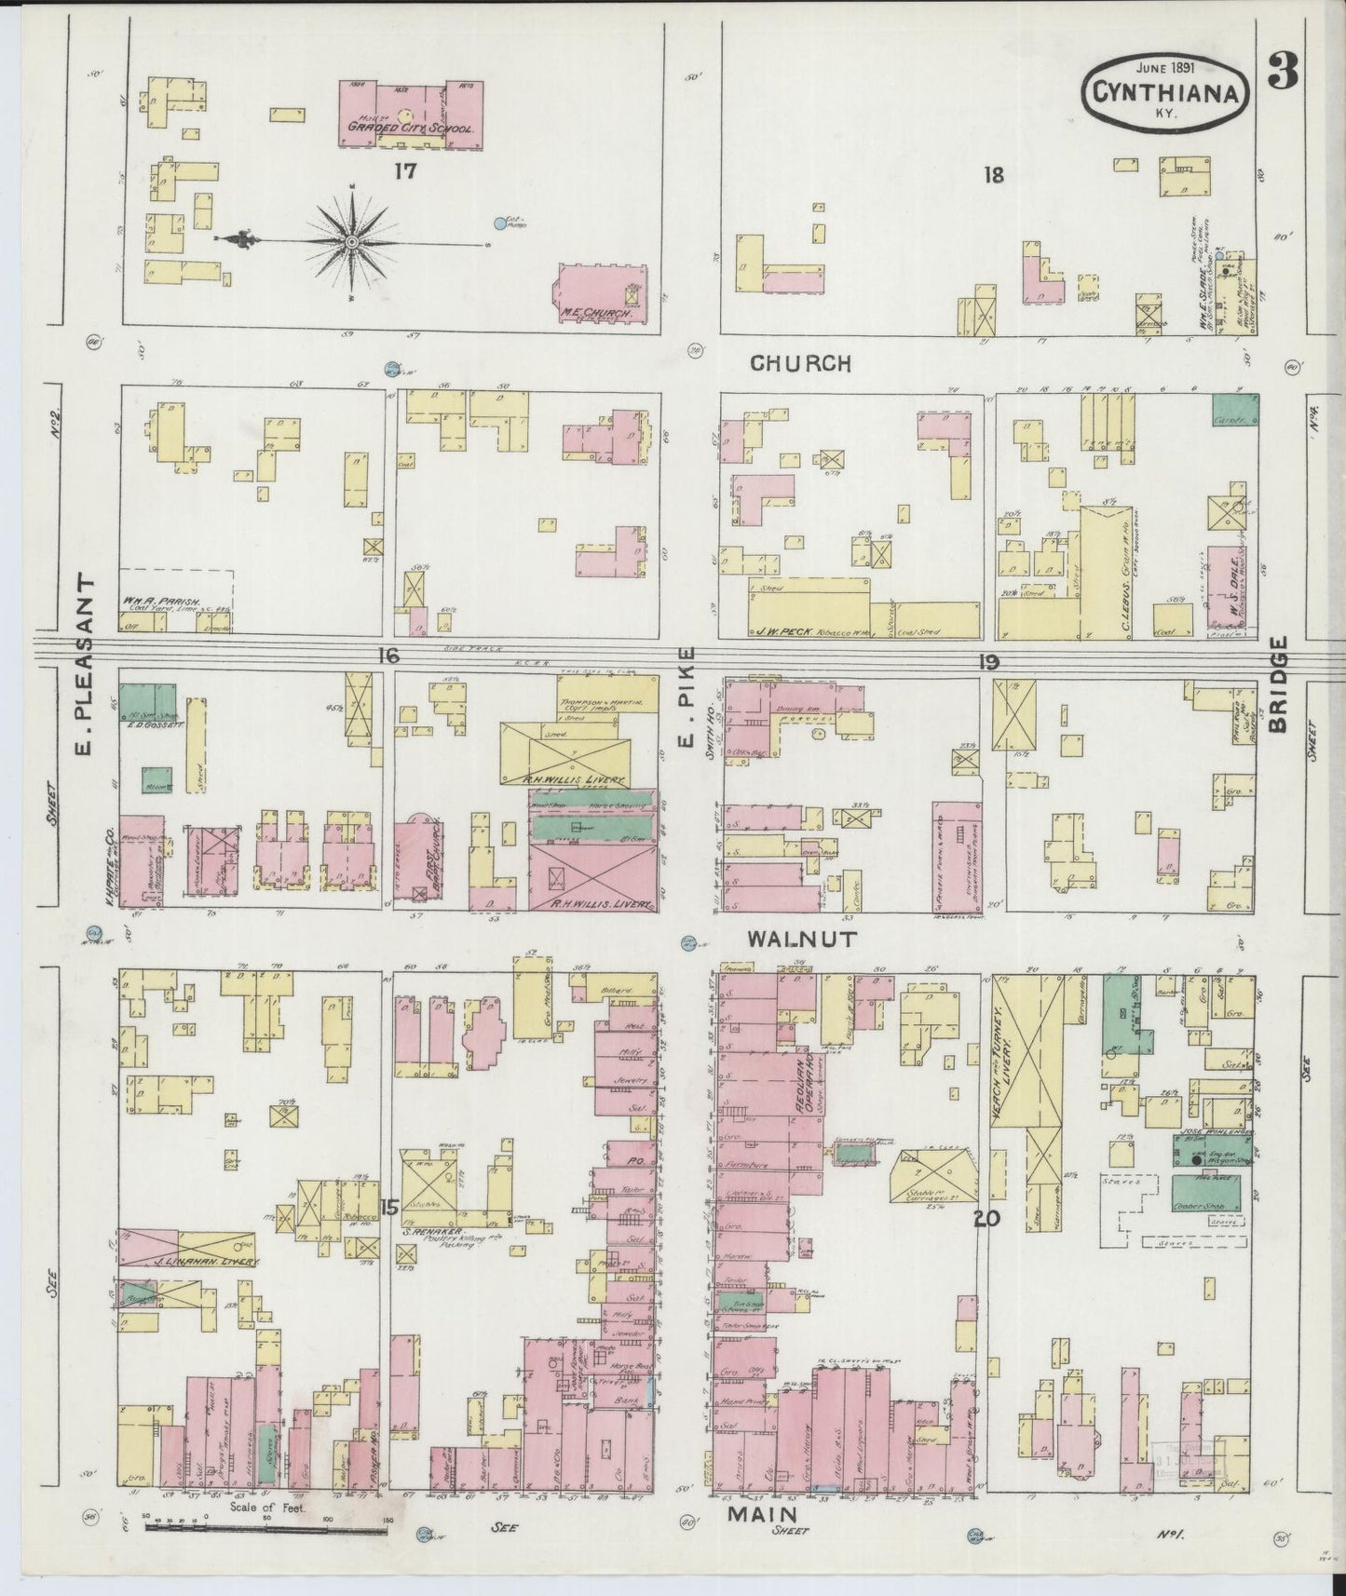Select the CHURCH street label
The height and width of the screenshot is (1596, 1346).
click(800, 363)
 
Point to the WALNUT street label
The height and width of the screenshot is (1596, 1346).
click(801, 940)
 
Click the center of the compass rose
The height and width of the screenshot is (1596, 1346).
click(353, 242)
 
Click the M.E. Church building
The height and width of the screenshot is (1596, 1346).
click(600, 293)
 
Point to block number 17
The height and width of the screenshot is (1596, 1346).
click(403, 170)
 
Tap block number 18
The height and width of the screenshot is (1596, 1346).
click(994, 173)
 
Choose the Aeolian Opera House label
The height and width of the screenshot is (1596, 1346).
click(800, 1081)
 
